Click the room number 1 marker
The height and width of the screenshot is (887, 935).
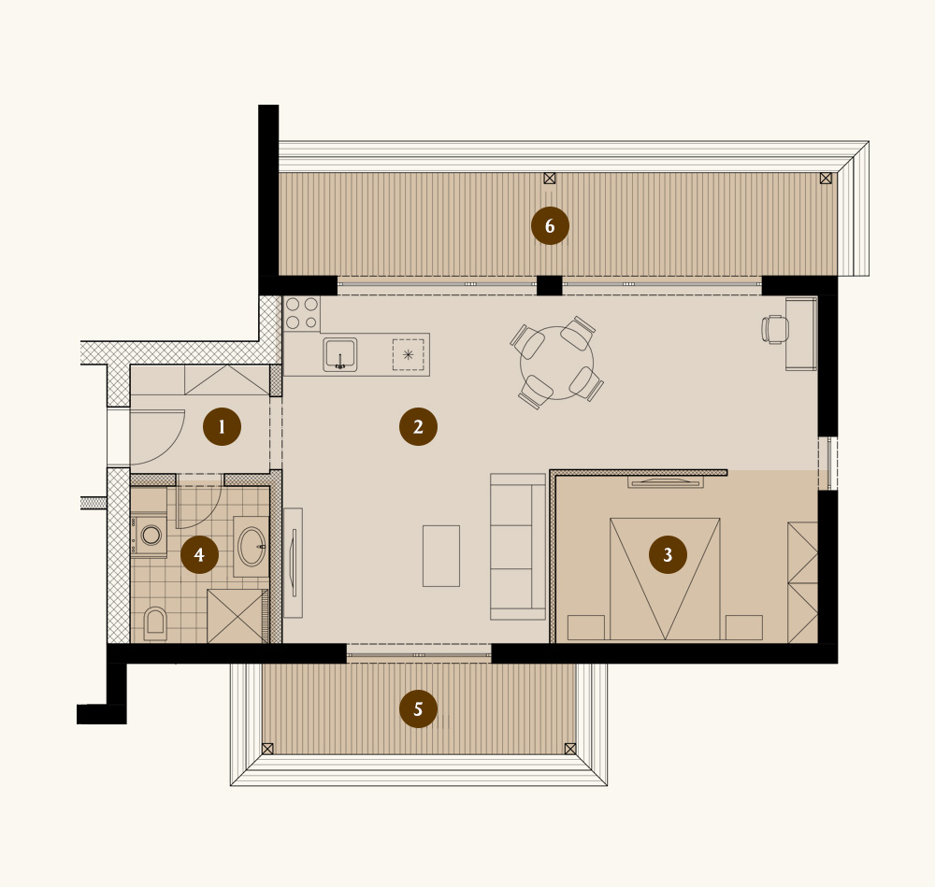pyautogui.click(x=222, y=427)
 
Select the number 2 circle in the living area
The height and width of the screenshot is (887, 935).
pyautogui.click(x=418, y=427)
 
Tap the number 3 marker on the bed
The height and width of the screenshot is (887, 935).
pyautogui.click(x=668, y=554)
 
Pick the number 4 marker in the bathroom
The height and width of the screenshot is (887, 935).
pyautogui.click(x=199, y=554)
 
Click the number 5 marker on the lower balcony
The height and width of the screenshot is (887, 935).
pyautogui.click(x=418, y=708)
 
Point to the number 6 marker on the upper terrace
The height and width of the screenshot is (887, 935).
pyautogui.click(x=550, y=226)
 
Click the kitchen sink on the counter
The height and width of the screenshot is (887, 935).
pyautogui.click(x=340, y=354)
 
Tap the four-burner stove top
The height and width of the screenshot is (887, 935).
pyautogui.click(x=302, y=313)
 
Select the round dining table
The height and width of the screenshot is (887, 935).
pyautogui.click(x=557, y=363)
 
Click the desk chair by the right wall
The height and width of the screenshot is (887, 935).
pyautogui.click(x=774, y=330)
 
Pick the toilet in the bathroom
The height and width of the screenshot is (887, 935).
pyautogui.click(x=155, y=623)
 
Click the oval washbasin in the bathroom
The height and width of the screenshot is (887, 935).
pyautogui.click(x=252, y=546)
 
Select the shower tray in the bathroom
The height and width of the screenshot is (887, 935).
pyautogui.click(x=237, y=616)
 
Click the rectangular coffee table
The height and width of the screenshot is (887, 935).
pyautogui.click(x=441, y=555)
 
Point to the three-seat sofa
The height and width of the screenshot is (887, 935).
pyautogui.click(x=518, y=547)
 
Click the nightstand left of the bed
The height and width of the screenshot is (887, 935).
pyautogui.click(x=586, y=627)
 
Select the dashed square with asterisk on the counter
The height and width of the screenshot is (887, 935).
pyautogui.click(x=408, y=354)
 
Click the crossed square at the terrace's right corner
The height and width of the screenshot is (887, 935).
pyautogui.click(x=826, y=179)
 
